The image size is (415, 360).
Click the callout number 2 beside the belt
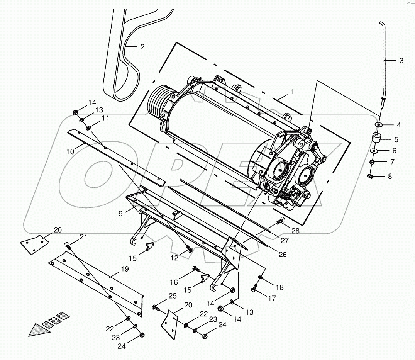coord(142,47)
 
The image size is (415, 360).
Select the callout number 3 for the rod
coord(401,61)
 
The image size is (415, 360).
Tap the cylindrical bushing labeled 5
coord(376,138)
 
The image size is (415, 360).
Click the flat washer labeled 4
coord(378,125)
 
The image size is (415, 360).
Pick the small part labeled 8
coord(370,176)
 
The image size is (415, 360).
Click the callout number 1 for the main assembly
coord(292,92)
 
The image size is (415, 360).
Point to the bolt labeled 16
coord(195,268)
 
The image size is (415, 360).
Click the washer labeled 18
coord(261,277)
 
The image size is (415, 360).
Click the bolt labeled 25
coord(156,307)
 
